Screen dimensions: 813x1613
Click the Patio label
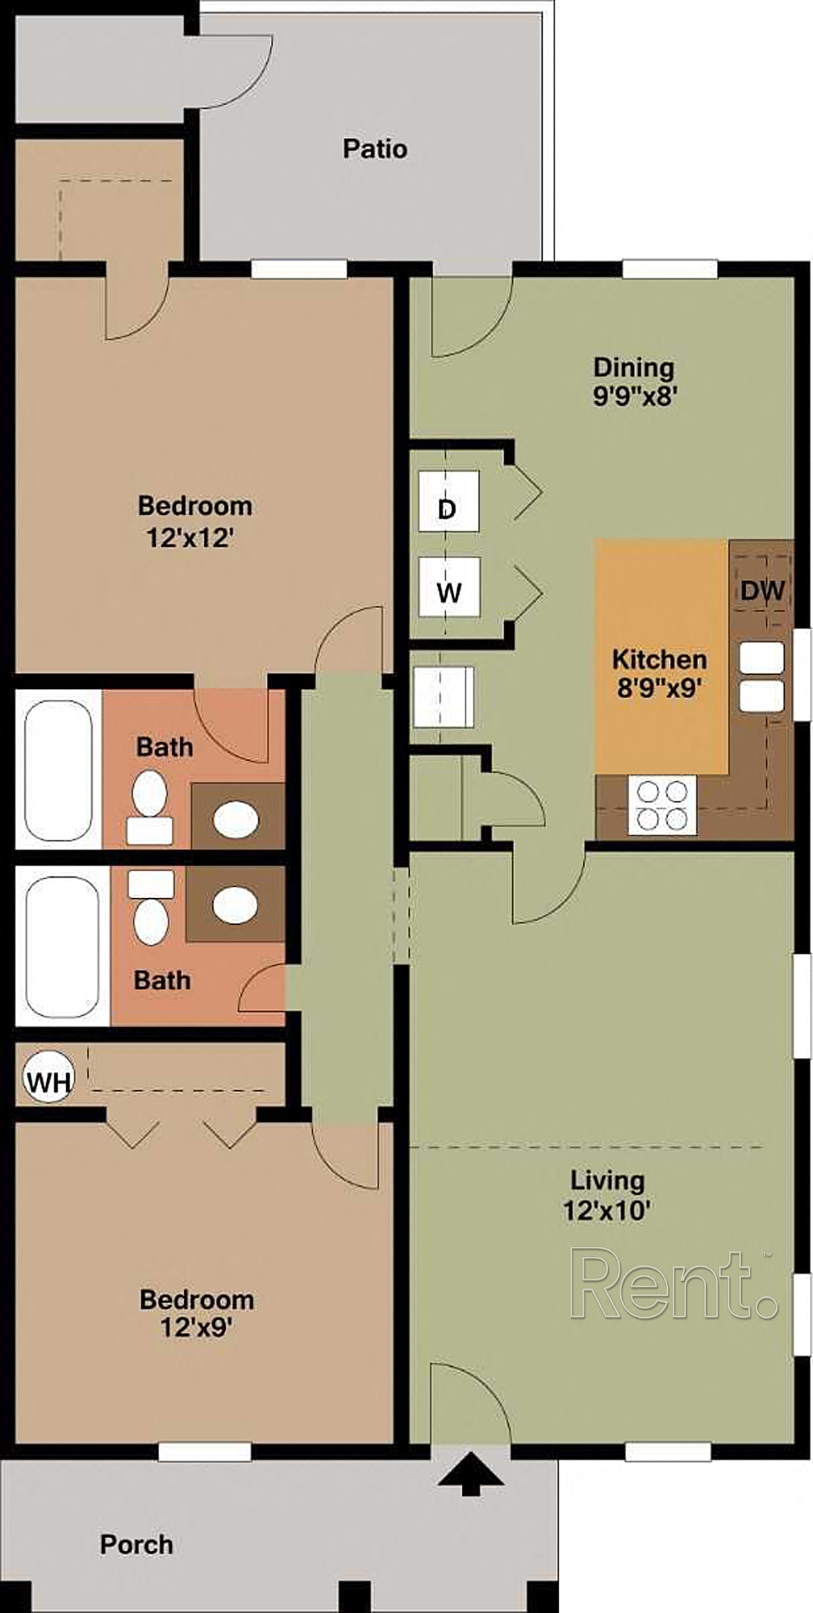pos(375,149)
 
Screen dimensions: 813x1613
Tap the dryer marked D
pos(448,501)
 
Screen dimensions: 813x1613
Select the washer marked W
pos(448,587)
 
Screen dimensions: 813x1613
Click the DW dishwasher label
pos(763,591)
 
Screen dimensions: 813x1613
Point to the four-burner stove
pos(662,805)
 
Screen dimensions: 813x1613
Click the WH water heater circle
pos(48,1082)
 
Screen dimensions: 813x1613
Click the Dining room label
pos(634,368)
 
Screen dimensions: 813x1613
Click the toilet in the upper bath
pos(150,806)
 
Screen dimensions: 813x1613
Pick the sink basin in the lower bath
pos(235,905)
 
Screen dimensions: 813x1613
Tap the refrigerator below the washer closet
pos(443,696)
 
